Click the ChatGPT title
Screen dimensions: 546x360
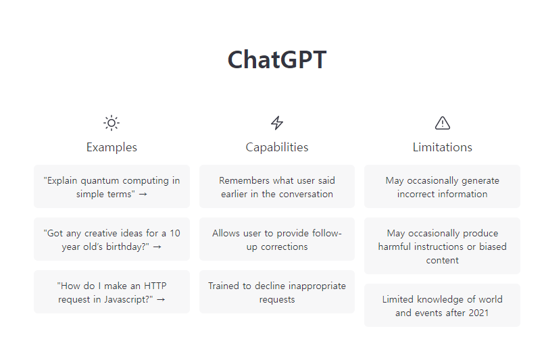(x=277, y=59)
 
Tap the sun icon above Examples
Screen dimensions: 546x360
(x=111, y=123)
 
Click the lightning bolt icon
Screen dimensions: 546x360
(x=277, y=123)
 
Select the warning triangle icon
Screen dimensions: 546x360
(x=443, y=123)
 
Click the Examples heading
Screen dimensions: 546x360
(x=111, y=147)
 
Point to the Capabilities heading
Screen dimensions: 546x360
(x=277, y=147)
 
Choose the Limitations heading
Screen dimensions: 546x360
(x=443, y=147)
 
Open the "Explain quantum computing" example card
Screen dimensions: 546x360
(x=111, y=186)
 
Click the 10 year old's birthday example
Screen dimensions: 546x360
(x=111, y=239)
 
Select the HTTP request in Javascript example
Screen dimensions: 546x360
(x=111, y=292)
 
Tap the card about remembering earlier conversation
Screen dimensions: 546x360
(x=277, y=186)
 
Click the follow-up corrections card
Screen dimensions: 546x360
(x=277, y=239)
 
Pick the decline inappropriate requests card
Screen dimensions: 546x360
(x=277, y=292)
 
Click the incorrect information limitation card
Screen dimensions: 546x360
(x=442, y=186)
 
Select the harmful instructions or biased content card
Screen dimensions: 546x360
(x=442, y=246)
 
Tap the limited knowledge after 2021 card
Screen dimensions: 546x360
(x=442, y=305)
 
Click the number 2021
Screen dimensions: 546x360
(x=479, y=313)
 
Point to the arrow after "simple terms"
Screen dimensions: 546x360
(x=143, y=195)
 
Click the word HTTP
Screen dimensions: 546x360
(x=155, y=286)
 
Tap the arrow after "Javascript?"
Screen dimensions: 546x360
(x=161, y=299)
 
